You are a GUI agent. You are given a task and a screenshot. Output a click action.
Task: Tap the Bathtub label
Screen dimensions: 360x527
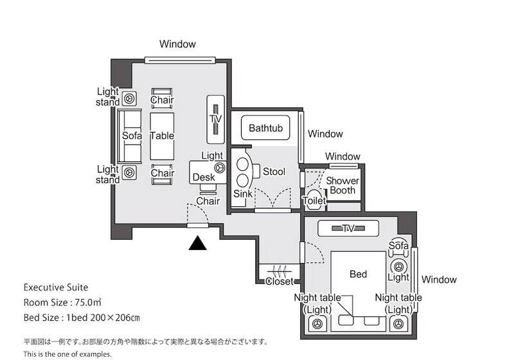(x=265, y=129)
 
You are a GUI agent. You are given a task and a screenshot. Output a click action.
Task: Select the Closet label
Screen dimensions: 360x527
(x=280, y=282)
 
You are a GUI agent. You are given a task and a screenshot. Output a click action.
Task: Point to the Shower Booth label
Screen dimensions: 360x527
(x=343, y=186)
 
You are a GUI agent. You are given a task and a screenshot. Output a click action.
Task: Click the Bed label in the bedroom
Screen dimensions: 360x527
(x=358, y=274)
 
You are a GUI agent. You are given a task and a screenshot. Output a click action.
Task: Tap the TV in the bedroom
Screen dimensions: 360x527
(x=348, y=228)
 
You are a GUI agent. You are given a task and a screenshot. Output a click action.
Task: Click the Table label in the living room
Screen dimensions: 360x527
(x=162, y=136)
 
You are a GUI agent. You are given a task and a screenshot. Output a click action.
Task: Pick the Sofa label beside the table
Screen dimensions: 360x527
(x=132, y=136)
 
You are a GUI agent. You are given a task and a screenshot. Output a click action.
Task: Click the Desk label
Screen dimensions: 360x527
(x=203, y=177)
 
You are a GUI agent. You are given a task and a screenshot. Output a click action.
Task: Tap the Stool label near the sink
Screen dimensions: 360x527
(x=274, y=172)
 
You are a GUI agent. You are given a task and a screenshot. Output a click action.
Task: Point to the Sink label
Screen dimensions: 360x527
(x=242, y=194)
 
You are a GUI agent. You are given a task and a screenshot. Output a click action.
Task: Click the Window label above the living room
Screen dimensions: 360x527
(x=177, y=44)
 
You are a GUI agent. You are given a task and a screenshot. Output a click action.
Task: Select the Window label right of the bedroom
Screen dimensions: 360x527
(x=440, y=280)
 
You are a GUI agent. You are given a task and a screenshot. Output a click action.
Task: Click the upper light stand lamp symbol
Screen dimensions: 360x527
(x=129, y=98)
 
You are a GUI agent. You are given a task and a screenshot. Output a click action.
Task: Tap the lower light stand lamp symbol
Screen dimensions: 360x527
(x=129, y=172)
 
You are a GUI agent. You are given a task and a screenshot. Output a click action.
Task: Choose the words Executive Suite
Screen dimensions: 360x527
(x=56, y=287)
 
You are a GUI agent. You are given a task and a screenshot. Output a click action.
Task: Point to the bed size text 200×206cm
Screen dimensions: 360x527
(x=111, y=317)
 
